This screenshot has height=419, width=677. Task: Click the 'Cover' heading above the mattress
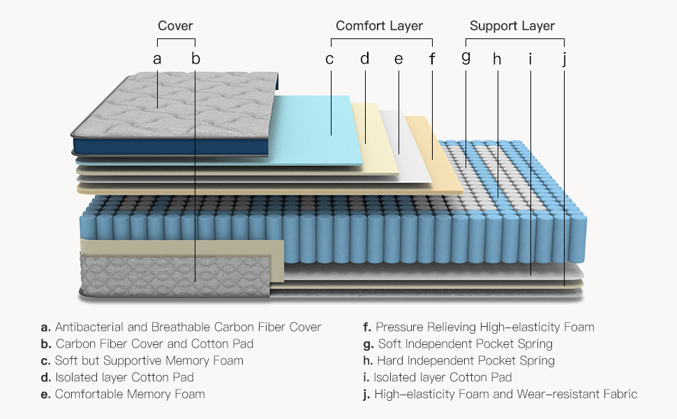[x=175, y=27]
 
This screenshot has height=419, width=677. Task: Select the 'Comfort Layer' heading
[x=379, y=27]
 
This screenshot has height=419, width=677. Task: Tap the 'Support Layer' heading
[x=512, y=27]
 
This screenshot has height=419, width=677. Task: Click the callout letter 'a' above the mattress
[x=158, y=59]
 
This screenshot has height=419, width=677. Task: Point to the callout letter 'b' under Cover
[x=195, y=59]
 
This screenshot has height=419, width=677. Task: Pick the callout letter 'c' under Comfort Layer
[x=329, y=59]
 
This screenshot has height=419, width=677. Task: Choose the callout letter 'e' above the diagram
[x=399, y=59]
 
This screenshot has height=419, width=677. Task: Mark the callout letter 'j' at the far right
[x=564, y=59]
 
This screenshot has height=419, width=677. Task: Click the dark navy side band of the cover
[x=168, y=147]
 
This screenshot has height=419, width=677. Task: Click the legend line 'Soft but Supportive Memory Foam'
[x=149, y=361]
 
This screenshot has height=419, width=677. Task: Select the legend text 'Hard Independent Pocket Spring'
[x=466, y=361]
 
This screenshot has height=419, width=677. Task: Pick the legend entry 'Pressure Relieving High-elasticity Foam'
[x=484, y=327]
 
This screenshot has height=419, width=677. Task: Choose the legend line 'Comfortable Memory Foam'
[x=130, y=395]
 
